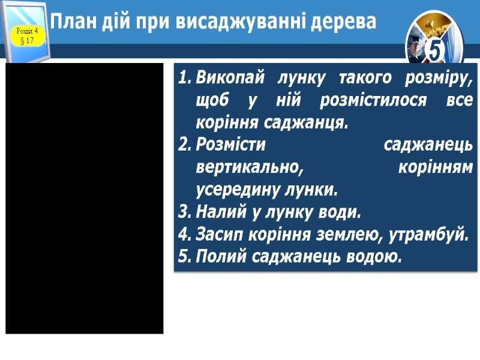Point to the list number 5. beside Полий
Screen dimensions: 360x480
pyautogui.click(x=184, y=257)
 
